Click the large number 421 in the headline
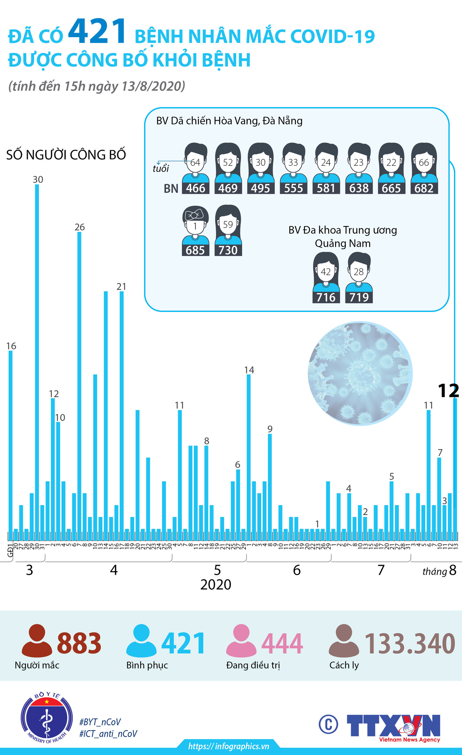click(97, 32)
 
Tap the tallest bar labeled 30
click(37, 359)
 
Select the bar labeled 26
click(79, 383)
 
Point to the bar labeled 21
click(122, 412)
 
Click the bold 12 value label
click(448, 391)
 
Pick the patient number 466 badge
click(195, 188)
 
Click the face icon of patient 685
click(195, 222)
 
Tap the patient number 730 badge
click(228, 250)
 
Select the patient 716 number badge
click(326, 297)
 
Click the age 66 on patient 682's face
click(424, 163)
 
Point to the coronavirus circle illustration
click(360, 373)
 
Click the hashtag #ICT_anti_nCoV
click(108, 734)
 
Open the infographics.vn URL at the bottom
click(229, 746)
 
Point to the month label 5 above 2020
click(217, 570)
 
